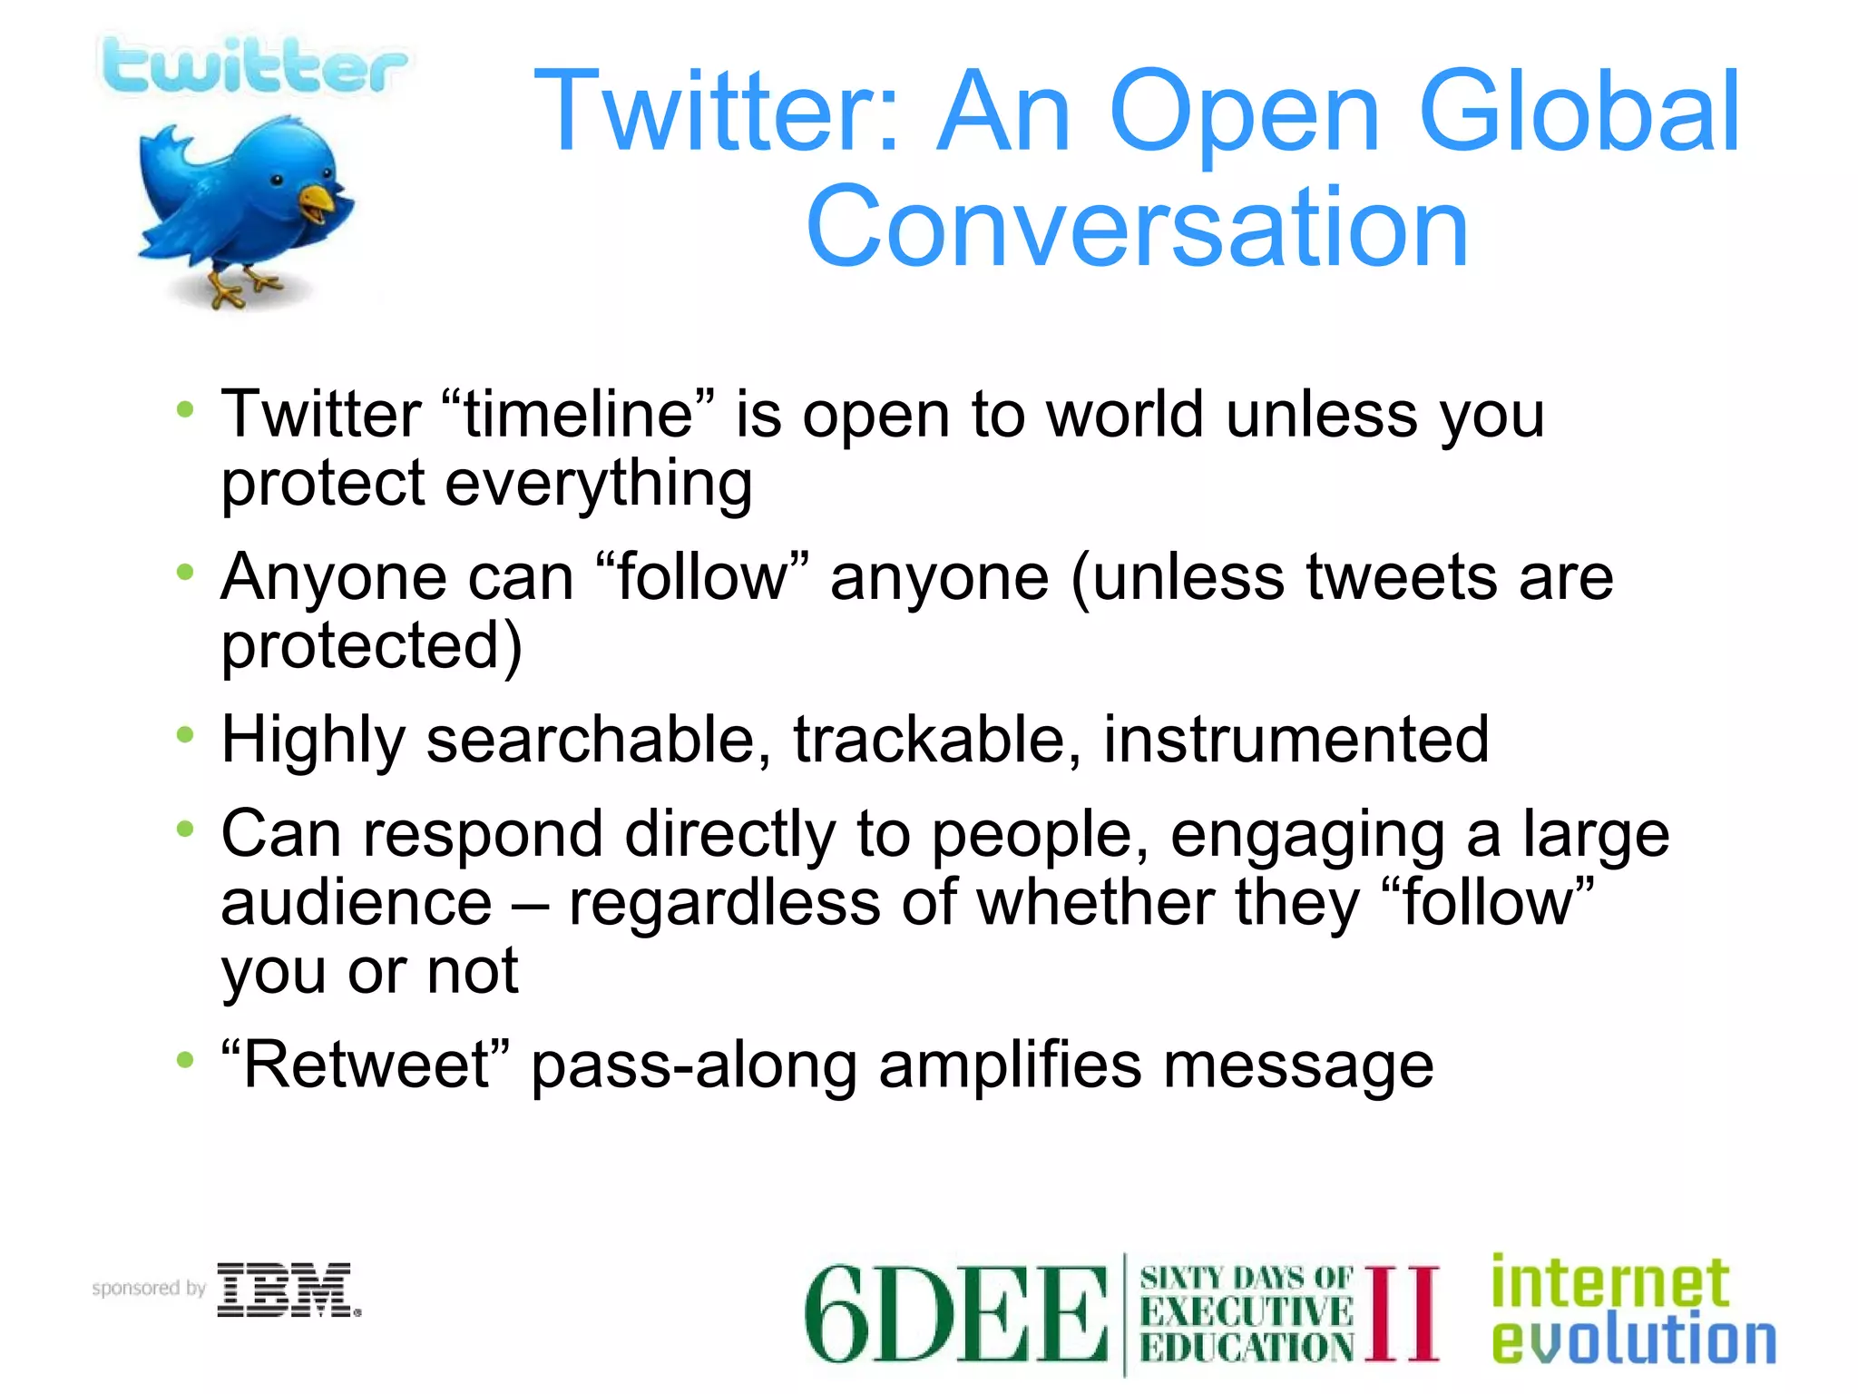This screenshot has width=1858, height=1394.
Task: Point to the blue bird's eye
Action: point(278,181)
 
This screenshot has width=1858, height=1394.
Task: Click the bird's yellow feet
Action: point(238,289)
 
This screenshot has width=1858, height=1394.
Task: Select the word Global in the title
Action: point(1578,113)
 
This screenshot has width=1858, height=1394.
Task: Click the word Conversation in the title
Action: point(1136,227)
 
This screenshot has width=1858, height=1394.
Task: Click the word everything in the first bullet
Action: point(598,484)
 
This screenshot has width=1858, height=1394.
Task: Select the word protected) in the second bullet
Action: point(372,646)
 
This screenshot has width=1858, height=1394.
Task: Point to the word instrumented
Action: point(1296,740)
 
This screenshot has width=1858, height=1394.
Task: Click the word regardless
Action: point(724,903)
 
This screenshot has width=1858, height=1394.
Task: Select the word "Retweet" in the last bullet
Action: point(366,1065)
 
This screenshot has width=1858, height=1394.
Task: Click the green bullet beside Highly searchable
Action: point(185,735)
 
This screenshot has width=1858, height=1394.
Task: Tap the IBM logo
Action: point(288,1290)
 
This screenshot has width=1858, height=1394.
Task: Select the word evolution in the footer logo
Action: point(1633,1340)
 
